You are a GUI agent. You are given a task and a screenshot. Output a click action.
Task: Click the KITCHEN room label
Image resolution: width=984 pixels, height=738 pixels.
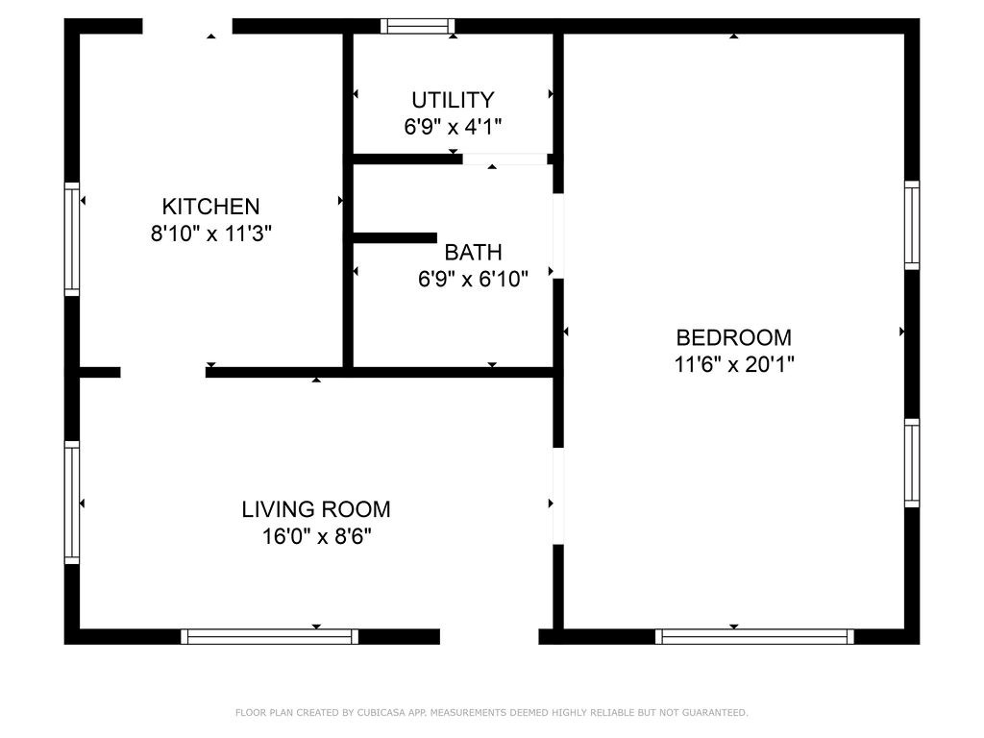click(x=210, y=206)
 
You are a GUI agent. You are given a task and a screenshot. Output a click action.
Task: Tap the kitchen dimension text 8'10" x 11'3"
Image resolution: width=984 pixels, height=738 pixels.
click(x=211, y=233)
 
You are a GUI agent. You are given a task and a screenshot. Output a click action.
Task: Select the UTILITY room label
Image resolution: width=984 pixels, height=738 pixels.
click(x=453, y=100)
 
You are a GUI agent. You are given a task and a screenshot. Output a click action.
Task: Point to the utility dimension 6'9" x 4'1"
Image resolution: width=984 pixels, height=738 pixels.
click(x=453, y=126)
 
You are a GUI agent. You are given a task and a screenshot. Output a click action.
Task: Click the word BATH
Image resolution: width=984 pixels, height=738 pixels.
click(x=473, y=253)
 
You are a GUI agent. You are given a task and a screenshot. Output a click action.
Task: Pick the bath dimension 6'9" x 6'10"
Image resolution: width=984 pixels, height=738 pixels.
click(x=473, y=280)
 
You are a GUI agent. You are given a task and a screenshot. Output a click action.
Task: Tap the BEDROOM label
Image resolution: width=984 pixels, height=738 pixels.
click(x=734, y=337)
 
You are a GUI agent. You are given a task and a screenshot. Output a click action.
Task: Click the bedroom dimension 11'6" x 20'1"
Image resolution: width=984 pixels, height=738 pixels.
click(x=734, y=364)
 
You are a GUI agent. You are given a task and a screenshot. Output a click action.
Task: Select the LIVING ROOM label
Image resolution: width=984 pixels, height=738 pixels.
click(x=316, y=509)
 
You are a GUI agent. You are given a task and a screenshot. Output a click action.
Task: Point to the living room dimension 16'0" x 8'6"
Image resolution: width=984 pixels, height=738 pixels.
click(x=316, y=536)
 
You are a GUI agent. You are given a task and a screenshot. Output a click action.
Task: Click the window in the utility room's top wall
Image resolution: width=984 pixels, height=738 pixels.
click(x=417, y=26)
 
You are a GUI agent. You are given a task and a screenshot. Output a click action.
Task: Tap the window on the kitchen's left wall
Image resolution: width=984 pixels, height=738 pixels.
click(x=72, y=237)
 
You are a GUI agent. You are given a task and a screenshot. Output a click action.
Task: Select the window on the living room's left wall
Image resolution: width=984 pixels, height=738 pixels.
click(x=72, y=501)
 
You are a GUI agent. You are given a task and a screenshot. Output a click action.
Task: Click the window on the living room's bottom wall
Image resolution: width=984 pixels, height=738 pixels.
click(x=269, y=636)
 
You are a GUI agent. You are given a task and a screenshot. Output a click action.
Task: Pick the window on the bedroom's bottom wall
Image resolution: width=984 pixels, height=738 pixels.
click(x=754, y=636)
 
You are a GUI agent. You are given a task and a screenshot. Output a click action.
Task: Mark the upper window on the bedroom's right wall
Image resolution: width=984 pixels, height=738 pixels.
click(x=912, y=225)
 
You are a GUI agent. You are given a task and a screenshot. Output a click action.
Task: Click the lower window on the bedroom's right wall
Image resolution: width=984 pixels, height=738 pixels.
click(x=912, y=462)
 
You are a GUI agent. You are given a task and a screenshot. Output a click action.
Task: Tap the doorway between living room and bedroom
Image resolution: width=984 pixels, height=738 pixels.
click(x=557, y=496)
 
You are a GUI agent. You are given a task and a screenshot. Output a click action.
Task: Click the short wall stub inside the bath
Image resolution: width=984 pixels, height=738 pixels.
click(x=395, y=237)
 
